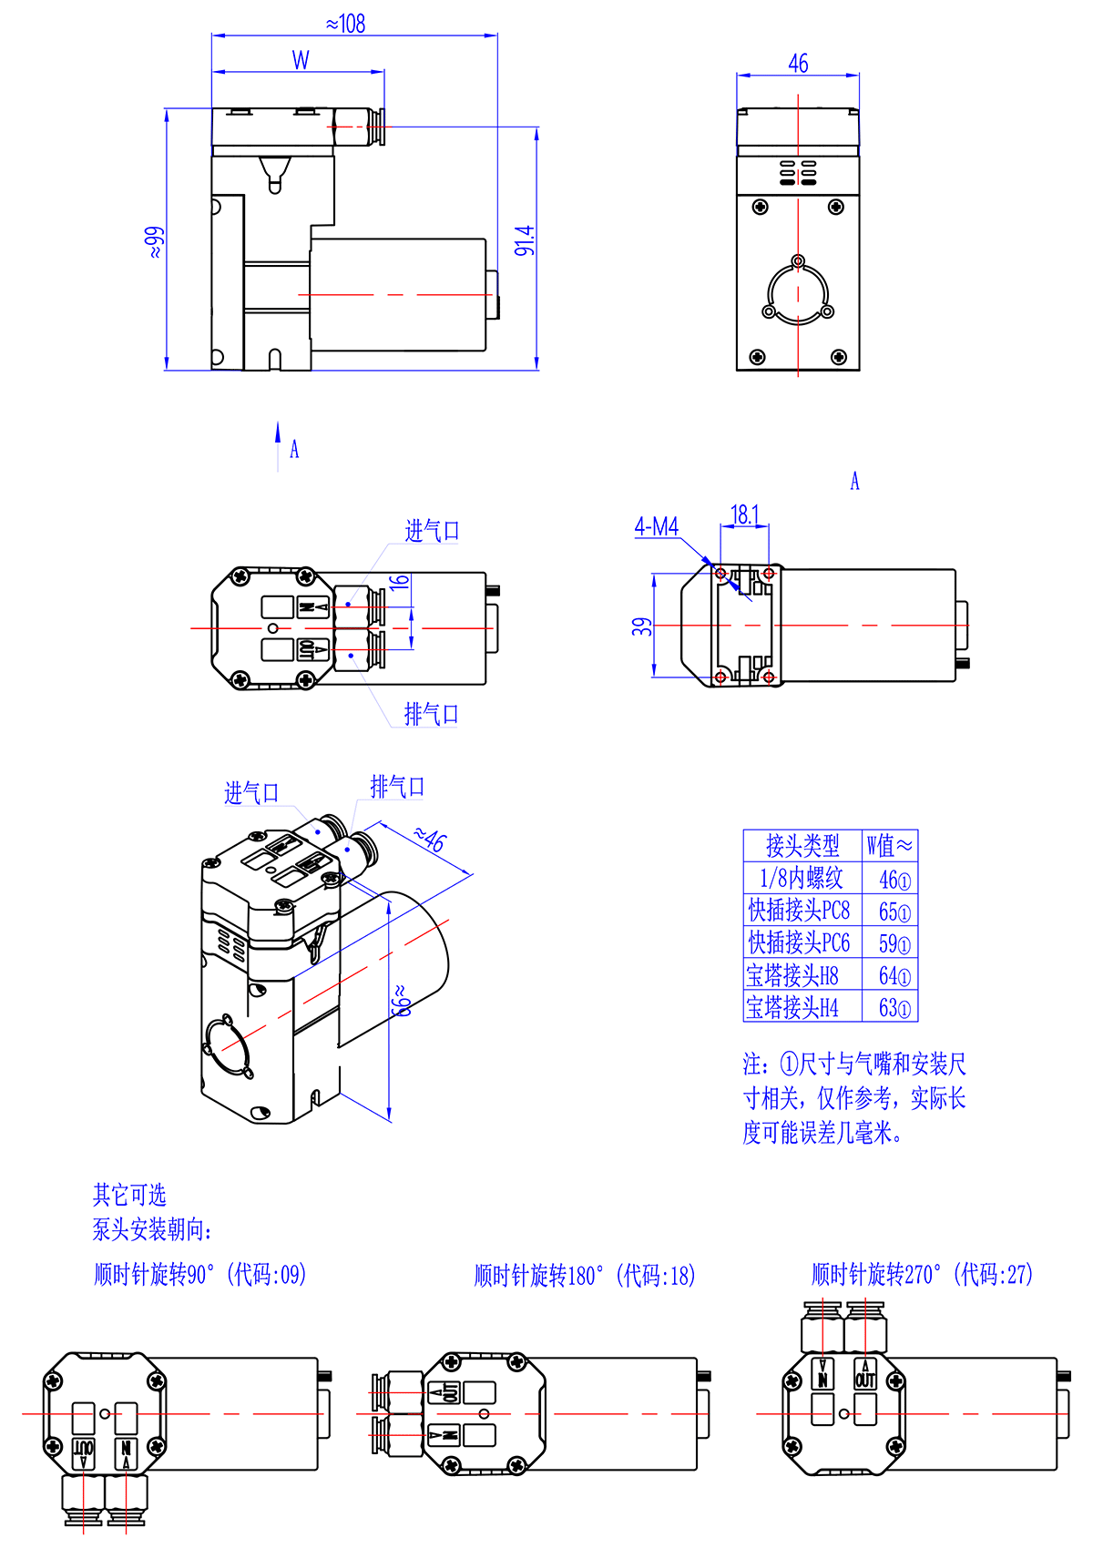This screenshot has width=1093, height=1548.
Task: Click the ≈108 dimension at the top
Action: pos(346,24)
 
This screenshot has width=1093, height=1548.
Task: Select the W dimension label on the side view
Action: pos(301,60)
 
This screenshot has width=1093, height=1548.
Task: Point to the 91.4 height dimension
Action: pos(525,240)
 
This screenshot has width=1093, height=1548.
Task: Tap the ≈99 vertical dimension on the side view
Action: pos(155,242)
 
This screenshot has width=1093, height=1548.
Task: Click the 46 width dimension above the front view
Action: pos(799,64)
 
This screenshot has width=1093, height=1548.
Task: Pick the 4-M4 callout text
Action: pos(657,526)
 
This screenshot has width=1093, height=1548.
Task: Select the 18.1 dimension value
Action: pos(745,514)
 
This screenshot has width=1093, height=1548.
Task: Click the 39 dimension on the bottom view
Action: pos(641,626)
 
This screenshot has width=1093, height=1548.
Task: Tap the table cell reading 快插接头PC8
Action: pos(799,910)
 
